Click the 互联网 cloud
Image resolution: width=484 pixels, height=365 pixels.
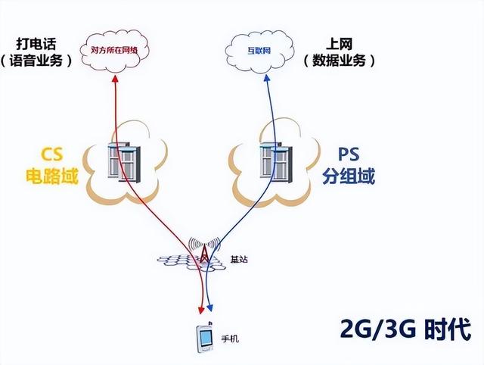[259, 51]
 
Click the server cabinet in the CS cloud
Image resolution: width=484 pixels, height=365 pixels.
[123, 160]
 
